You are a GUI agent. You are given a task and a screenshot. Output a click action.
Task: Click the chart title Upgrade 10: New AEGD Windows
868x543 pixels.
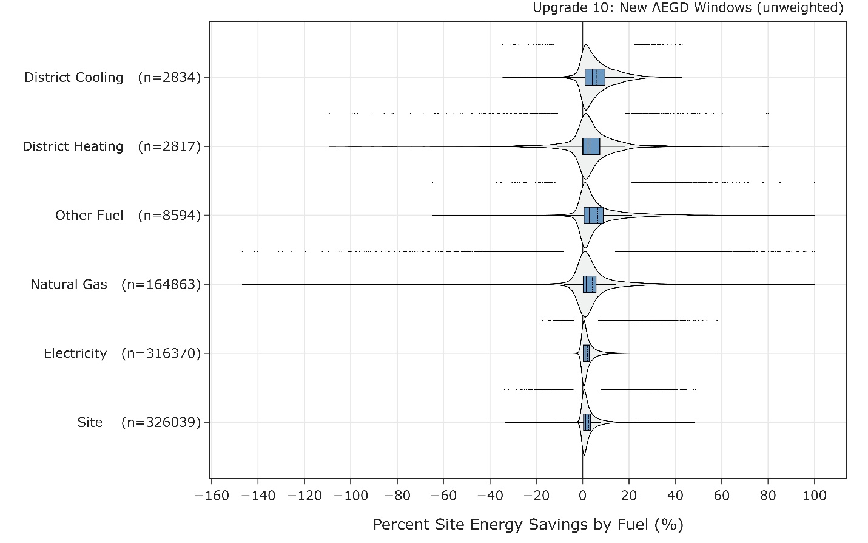[x=688, y=8]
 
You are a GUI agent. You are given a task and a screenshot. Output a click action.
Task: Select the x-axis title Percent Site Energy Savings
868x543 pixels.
[x=528, y=524]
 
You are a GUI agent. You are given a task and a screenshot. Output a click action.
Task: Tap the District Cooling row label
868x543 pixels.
[x=73, y=78]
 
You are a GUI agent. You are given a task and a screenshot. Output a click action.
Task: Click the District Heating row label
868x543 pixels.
[x=73, y=146]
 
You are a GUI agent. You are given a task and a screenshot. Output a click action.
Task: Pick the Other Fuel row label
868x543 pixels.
[x=89, y=216]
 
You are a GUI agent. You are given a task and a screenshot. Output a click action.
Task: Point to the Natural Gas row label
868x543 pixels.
[x=69, y=284]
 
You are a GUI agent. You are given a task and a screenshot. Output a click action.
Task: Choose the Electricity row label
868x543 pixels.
[x=75, y=353]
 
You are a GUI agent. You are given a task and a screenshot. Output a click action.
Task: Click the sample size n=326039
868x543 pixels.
[x=161, y=423]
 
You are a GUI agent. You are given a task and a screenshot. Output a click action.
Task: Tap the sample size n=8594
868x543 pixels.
[x=169, y=216]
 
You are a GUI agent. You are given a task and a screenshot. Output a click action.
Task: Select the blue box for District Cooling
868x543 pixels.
[x=594, y=77]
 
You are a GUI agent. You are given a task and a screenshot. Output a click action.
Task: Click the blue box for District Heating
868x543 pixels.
[x=591, y=146]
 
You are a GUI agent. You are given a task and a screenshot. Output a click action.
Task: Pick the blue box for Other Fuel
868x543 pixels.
[x=593, y=216]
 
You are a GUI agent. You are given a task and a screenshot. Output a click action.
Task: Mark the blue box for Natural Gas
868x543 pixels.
[x=590, y=284]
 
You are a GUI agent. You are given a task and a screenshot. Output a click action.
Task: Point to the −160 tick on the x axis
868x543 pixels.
[x=212, y=496]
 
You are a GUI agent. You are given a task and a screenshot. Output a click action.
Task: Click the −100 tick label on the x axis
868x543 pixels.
[x=351, y=496]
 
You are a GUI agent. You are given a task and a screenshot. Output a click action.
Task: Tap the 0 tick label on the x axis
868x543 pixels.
[x=582, y=496]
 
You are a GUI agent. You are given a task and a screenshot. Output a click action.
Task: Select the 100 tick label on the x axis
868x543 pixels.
[x=814, y=496]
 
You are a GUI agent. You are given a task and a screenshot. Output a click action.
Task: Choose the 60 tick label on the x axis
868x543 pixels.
[x=721, y=496]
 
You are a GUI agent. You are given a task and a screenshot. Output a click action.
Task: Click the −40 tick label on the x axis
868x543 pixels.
[x=490, y=496]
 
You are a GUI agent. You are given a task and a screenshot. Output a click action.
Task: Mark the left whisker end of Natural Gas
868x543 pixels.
[x=242, y=284]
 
